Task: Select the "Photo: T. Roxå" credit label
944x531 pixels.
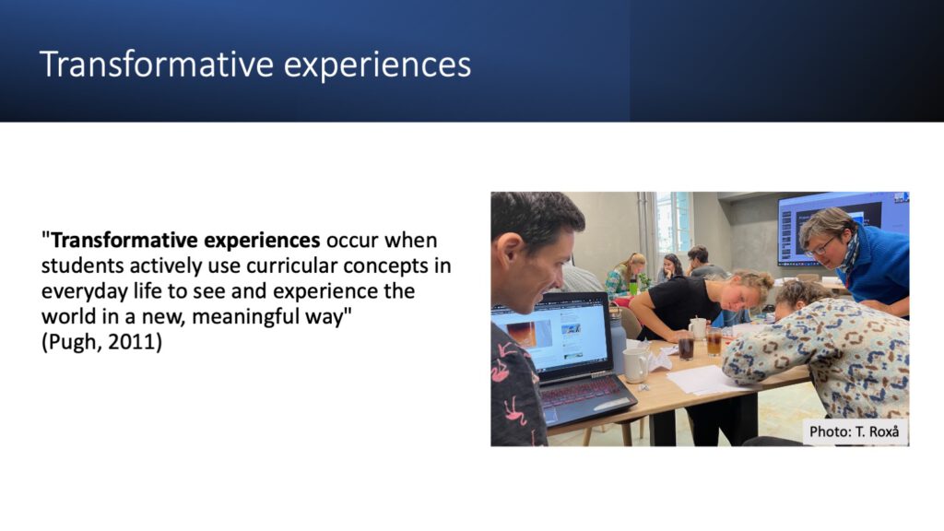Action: point(855,431)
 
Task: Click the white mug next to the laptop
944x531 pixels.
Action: point(636,365)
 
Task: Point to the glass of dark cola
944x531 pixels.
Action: point(686,348)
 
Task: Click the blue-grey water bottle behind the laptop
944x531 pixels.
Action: point(619,339)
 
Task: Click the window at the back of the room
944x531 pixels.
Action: point(674,222)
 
